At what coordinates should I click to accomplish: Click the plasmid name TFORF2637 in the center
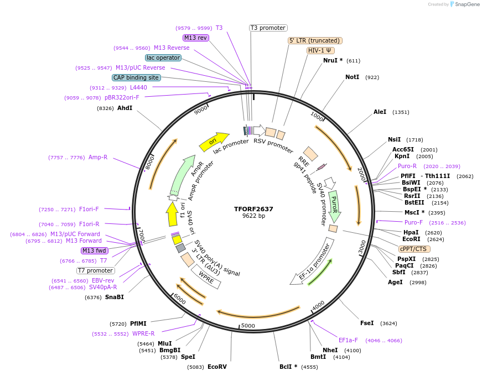[253, 209]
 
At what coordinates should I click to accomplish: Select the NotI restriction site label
[352, 77]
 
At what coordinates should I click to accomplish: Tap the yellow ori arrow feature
[214, 142]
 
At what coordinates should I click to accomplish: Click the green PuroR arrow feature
[334, 206]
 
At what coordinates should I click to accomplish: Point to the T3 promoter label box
[268, 28]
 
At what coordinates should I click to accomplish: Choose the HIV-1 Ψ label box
[320, 50]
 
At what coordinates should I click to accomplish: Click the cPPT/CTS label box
[412, 249]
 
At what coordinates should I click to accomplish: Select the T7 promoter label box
[95, 270]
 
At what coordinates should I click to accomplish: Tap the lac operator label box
[163, 58]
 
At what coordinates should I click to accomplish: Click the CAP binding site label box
[136, 77]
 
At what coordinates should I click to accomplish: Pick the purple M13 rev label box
[195, 38]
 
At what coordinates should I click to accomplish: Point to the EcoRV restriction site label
[217, 367]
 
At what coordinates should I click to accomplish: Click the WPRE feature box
[206, 277]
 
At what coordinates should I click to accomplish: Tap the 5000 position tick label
[248, 326]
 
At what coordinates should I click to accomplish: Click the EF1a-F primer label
[348, 340]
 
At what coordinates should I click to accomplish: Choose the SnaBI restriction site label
[114, 297]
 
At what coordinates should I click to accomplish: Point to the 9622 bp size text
[253, 216]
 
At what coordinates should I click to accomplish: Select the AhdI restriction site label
[125, 108]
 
